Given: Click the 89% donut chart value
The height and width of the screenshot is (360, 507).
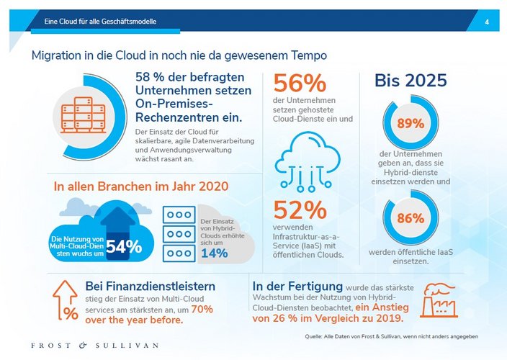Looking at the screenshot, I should click(x=410, y=123).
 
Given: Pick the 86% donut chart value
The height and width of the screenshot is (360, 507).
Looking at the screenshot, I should click(x=410, y=218).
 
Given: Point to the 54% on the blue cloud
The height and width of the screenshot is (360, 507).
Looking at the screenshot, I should click(x=124, y=246).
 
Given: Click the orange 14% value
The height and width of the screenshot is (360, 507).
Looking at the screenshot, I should click(x=214, y=253).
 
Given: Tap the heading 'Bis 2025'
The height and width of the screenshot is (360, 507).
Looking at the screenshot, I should click(x=410, y=81).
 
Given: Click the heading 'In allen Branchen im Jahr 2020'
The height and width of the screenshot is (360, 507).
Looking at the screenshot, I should click(x=141, y=186).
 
